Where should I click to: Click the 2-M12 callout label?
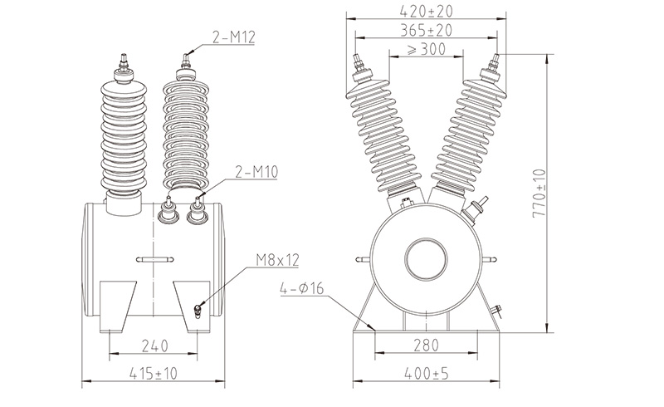[x=234, y=37]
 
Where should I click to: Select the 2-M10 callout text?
[x=256, y=172]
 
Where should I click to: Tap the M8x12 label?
[x=277, y=259]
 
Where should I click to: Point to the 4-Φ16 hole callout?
[x=301, y=288]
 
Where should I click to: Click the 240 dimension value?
[x=154, y=346]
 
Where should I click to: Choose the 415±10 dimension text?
[x=153, y=374]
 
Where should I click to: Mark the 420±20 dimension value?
[x=426, y=11]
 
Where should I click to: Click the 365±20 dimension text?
[x=426, y=30]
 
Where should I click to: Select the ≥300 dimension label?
[x=427, y=49]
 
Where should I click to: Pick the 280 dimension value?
[x=426, y=345]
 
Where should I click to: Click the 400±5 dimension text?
[x=426, y=374]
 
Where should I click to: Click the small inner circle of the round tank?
[x=426, y=259]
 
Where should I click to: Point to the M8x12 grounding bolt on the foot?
[x=197, y=311]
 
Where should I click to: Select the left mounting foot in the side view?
[x=117, y=306]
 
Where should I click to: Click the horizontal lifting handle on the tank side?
[x=155, y=259]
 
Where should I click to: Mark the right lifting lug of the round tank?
[x=491, y=259]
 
